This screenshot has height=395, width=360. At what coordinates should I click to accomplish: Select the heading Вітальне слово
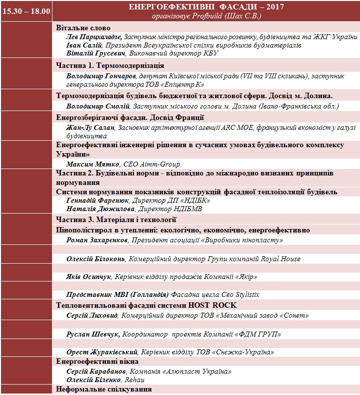83,28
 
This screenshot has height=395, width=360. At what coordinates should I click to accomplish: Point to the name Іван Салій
83,45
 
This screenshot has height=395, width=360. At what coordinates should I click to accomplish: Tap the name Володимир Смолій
98,106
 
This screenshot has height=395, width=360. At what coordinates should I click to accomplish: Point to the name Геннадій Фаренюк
97,200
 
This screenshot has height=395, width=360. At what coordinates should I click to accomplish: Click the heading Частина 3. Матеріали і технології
116,220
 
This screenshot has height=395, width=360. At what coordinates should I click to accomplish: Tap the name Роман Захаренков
97,240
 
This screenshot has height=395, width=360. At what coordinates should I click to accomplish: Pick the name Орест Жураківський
102,352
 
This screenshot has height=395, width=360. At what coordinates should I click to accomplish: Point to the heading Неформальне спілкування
104,390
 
